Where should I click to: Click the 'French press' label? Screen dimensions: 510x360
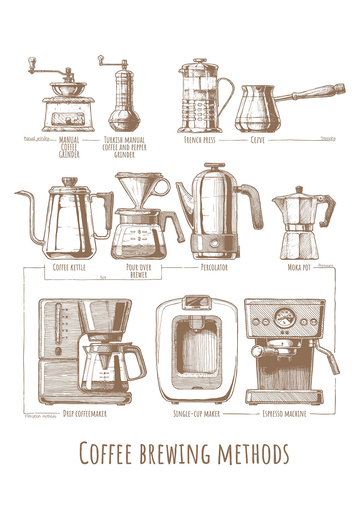[x=199, y=140]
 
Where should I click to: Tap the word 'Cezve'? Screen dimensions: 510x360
[x=258, y=140]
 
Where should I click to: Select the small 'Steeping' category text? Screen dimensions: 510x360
[x=328, y=139]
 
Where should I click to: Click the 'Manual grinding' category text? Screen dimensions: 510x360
[x=36, y=139]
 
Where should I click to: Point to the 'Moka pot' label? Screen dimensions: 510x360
[x=299, y=268]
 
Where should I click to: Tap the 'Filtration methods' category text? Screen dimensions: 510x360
[x=40, y=416]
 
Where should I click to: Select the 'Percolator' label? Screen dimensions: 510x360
[x=214, y=267]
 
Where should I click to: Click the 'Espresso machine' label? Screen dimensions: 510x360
[x=284, y=414]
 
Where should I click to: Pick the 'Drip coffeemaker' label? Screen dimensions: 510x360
[x=85, y=414]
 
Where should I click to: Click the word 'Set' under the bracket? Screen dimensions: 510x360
[x=103, y=277]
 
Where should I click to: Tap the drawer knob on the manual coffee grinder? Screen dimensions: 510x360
[x=68, y=120]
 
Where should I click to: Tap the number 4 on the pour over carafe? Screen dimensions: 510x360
[x=139, y=232]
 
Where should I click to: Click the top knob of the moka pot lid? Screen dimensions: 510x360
[x=299, y=190]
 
